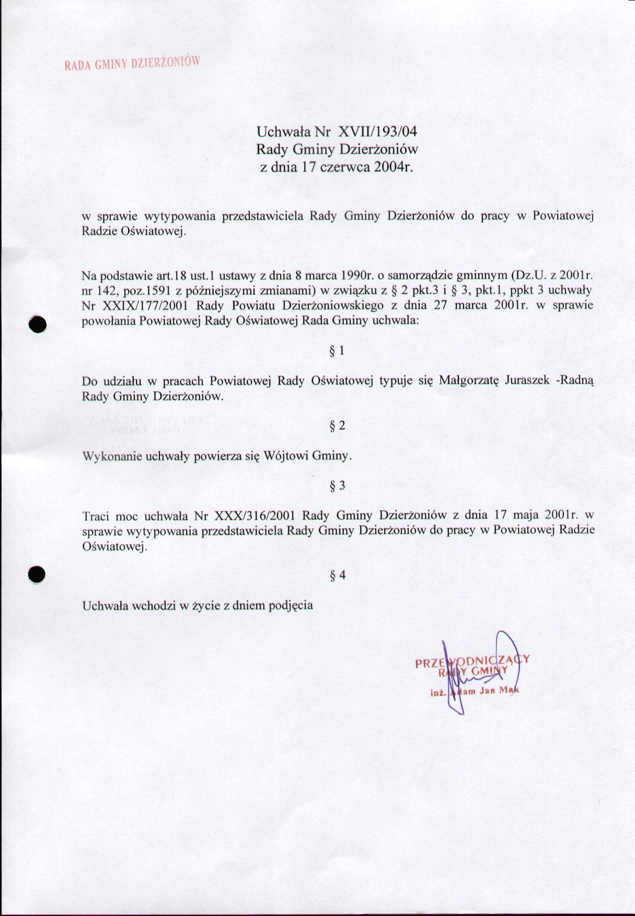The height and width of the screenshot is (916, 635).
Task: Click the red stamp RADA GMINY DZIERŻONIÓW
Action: coord(132,63)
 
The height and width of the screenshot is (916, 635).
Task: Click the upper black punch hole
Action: coord(38,325)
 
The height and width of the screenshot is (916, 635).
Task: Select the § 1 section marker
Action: coord(337,351)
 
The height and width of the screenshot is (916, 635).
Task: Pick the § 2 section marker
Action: coord(337,426)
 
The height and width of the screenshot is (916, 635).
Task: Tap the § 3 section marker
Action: coord(337,486)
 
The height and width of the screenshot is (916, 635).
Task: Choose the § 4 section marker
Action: coord(337,576)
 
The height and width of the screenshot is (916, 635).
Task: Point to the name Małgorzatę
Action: coord(469,381)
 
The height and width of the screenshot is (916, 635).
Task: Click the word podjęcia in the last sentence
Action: coord(291,606)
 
